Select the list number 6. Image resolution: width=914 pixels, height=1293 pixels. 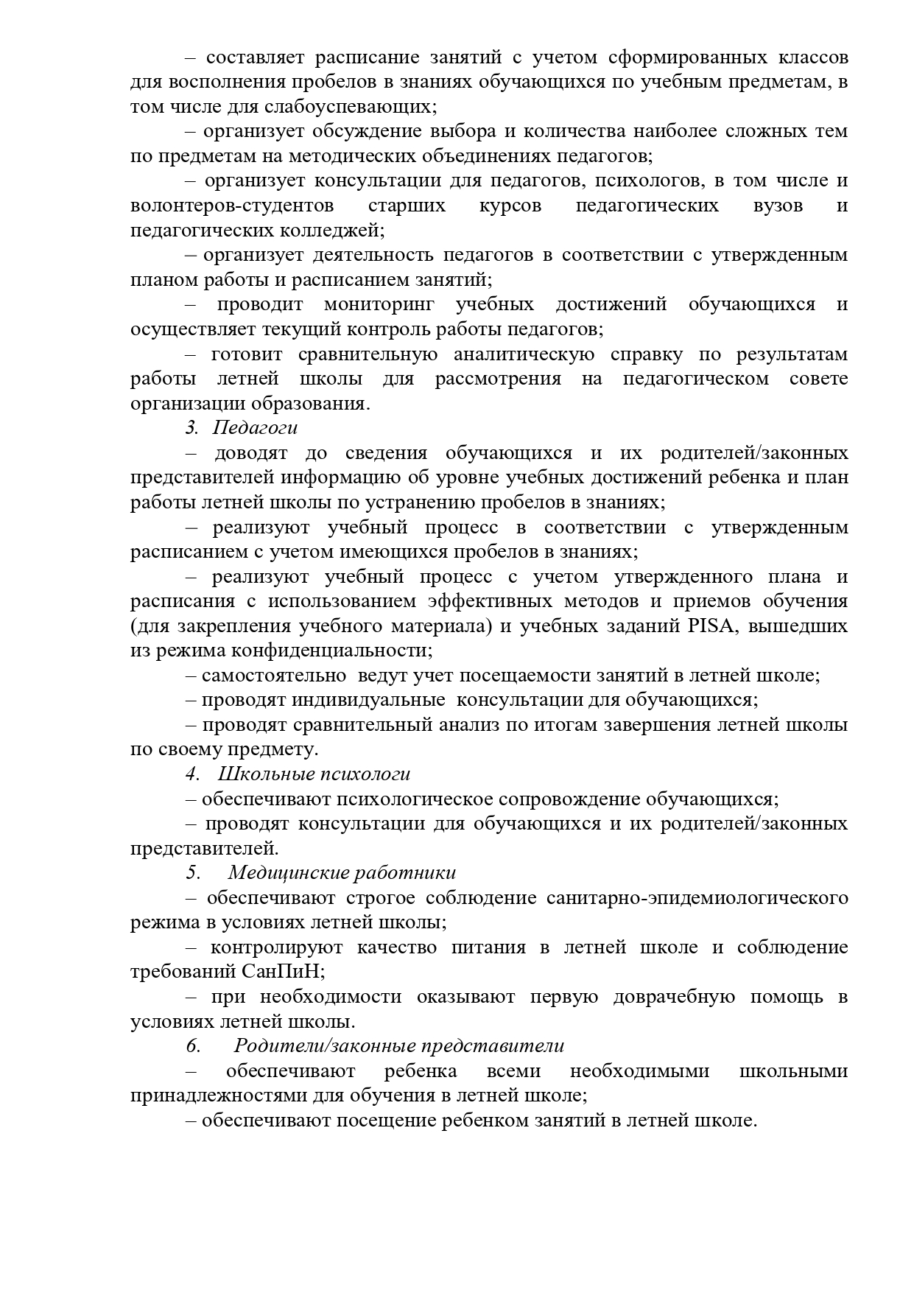[193, 1046]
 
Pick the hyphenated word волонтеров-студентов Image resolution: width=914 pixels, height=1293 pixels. [232, 206]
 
